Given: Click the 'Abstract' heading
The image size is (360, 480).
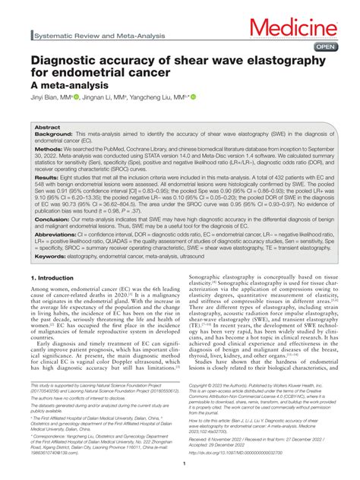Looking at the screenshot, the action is [x=47, y=128].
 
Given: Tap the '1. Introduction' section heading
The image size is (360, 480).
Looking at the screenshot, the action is [x=58, y=300].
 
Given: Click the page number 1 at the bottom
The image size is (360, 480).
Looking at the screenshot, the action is [x=180, y=463].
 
